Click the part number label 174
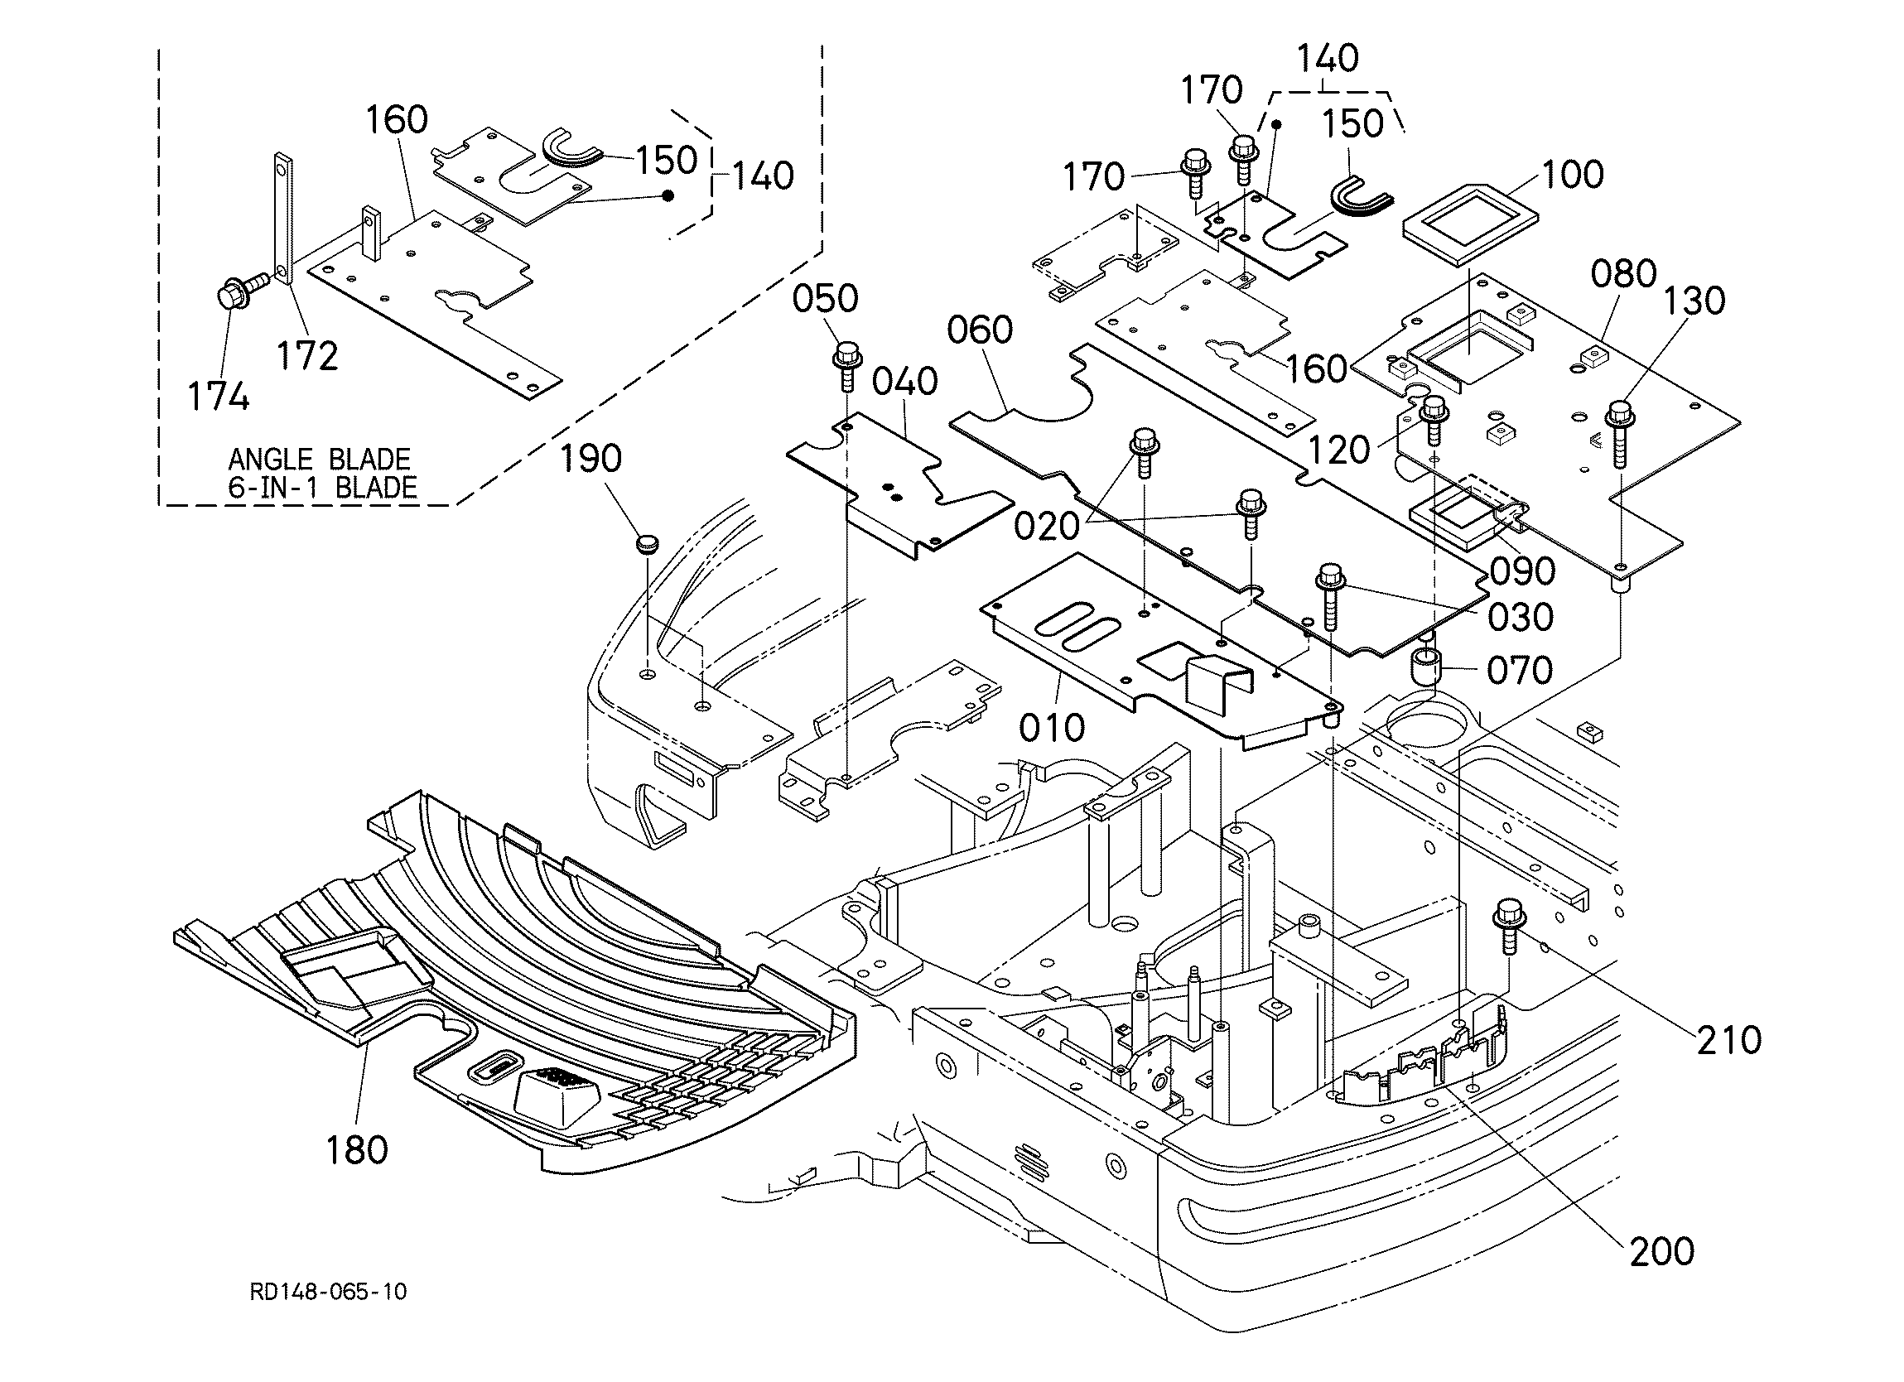[x=219, y=397]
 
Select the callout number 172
[x=307, y=357]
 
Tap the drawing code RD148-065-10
[x=328, y=1291]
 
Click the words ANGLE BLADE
[x=319, y=460]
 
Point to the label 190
[x=590, y=459]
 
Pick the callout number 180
[x=357, y=1149]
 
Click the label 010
[x=1052, y=728]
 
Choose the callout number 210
[x=1729, y=1041]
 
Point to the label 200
[x=1662, y=1252]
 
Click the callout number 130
[x=1694, y=301]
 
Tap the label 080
[x=1623, y=274]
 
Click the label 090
[x=1523, y=572]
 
